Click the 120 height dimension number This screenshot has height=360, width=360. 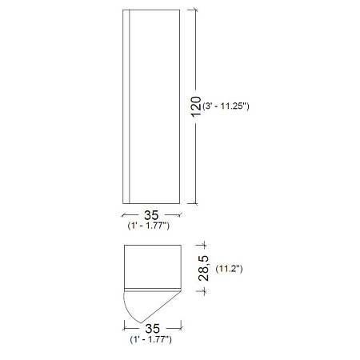pos(196,106)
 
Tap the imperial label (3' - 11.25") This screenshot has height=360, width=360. pos(226,106)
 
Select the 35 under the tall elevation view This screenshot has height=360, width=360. pos(151,215)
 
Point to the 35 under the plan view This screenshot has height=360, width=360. pos(153,329)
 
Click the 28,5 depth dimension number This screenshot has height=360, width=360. pos(204,268)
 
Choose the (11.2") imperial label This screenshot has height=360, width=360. pos(229,269)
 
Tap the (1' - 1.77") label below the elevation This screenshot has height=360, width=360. pos(149,226)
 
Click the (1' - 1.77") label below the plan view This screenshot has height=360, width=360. pos(151,339)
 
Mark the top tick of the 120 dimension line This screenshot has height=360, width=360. pos(196,10)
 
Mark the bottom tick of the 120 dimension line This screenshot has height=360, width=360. pos(196,203)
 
